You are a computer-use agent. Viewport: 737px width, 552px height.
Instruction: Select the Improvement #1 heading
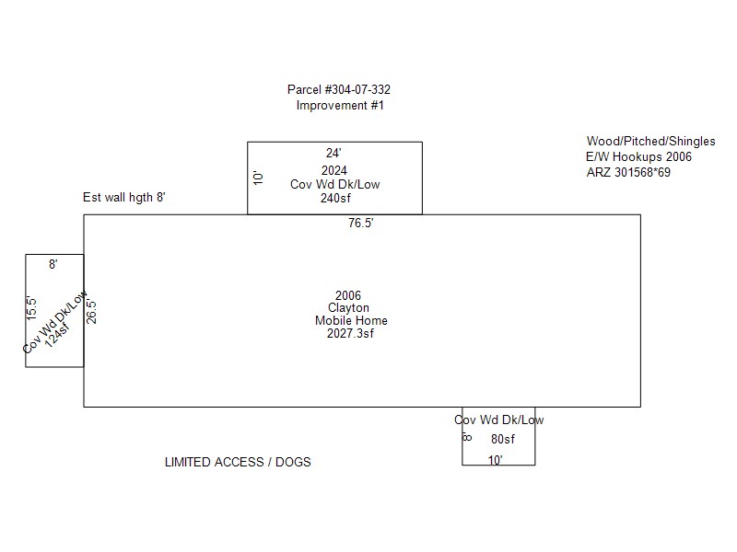(x=340, y=106)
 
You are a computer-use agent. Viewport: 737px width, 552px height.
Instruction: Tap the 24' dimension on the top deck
(x=333, y=153)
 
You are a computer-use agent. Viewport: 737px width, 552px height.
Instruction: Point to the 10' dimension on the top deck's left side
(x=258, y=178)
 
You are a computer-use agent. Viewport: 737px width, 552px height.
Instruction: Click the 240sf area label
(x=335, y=198)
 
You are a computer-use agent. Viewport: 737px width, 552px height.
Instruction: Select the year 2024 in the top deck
(x=334, y=170)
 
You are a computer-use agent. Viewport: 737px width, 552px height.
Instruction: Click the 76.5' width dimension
(x=361, y=223)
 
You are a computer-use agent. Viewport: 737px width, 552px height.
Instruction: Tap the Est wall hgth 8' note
(x=124, y=198)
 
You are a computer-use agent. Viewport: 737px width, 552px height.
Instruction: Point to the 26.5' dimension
(x=91, y=312)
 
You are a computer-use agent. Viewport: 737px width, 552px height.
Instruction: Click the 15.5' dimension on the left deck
(x=31, y=308)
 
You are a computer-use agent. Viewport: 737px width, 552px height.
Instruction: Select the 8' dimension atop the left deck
(x=53, y=264)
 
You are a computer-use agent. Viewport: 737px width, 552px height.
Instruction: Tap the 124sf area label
(x=57, y=335)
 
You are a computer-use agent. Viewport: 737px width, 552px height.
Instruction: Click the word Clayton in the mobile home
(x=349, y=308)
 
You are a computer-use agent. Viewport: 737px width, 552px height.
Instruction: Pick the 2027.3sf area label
(x=351, y=333)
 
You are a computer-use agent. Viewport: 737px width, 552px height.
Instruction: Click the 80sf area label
(x=503, y=440)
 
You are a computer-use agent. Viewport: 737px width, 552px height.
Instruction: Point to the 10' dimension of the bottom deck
(x=496, y=460)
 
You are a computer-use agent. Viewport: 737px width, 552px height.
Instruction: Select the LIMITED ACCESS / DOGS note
(x=238, y=463)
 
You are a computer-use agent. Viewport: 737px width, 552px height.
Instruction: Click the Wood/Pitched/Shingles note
(x=651, y=142)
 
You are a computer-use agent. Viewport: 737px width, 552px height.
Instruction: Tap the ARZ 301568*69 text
(x=628, y=172)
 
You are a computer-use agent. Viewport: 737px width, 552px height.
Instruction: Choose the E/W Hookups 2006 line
(x=638, y=156)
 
